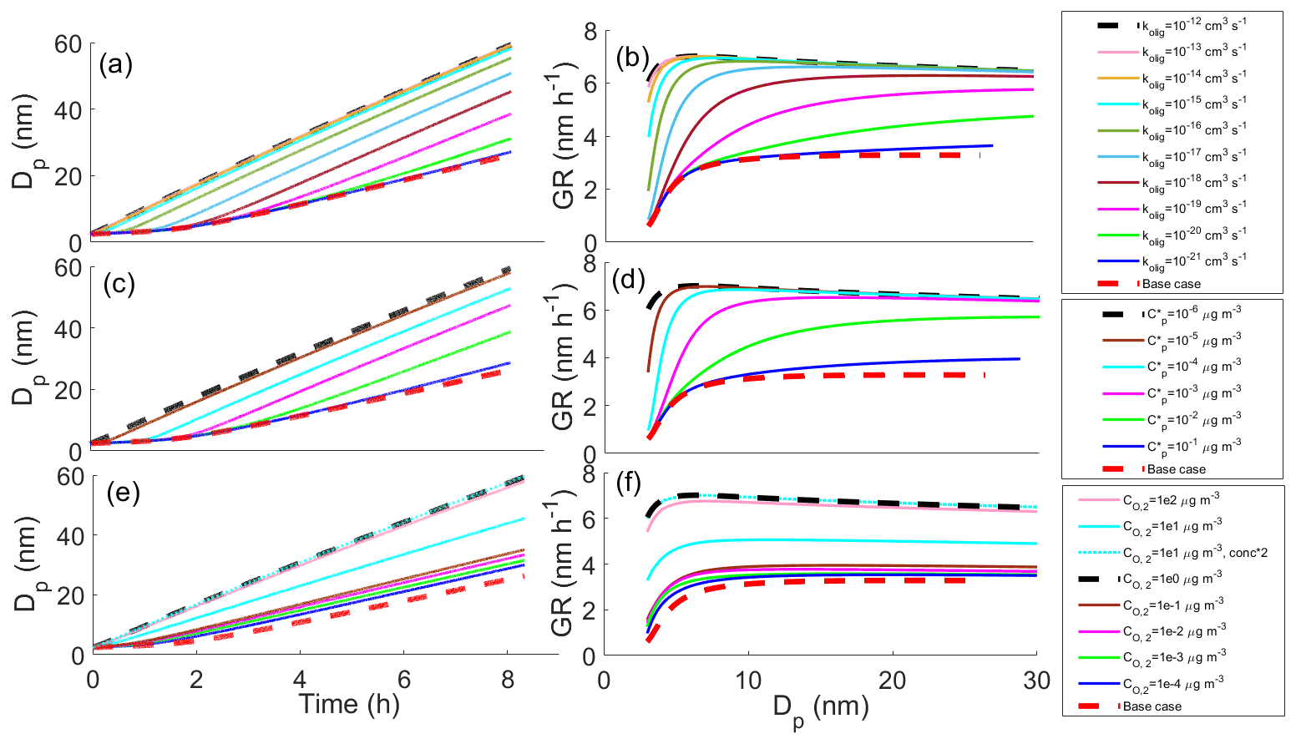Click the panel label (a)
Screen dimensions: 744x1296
point(115,65)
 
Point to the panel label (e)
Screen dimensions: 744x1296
point(122,493)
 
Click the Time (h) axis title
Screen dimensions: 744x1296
point(349,704)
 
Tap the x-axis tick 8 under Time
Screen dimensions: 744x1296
point(508,680)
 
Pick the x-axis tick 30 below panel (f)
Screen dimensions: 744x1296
point(1036,680)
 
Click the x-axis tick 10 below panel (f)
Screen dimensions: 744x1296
point(748,680)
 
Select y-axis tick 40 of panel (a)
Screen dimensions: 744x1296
point(68,109)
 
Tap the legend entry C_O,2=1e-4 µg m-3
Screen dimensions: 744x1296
point(1173,684)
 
